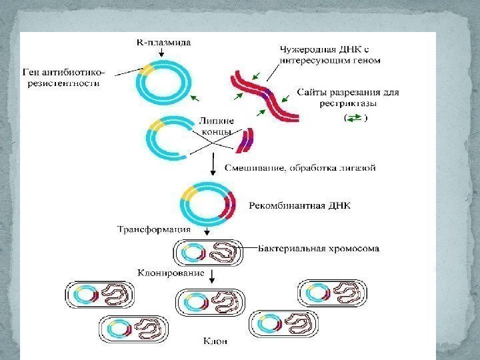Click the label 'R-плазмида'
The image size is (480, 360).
163,42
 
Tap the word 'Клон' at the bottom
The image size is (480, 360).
215,341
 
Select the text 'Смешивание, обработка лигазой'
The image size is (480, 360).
301,168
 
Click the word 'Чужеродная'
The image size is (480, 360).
300,49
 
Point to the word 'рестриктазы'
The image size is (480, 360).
322,104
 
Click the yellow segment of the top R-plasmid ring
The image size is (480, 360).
147,69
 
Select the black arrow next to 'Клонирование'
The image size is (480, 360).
211,275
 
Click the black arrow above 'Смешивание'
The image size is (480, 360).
212,162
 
